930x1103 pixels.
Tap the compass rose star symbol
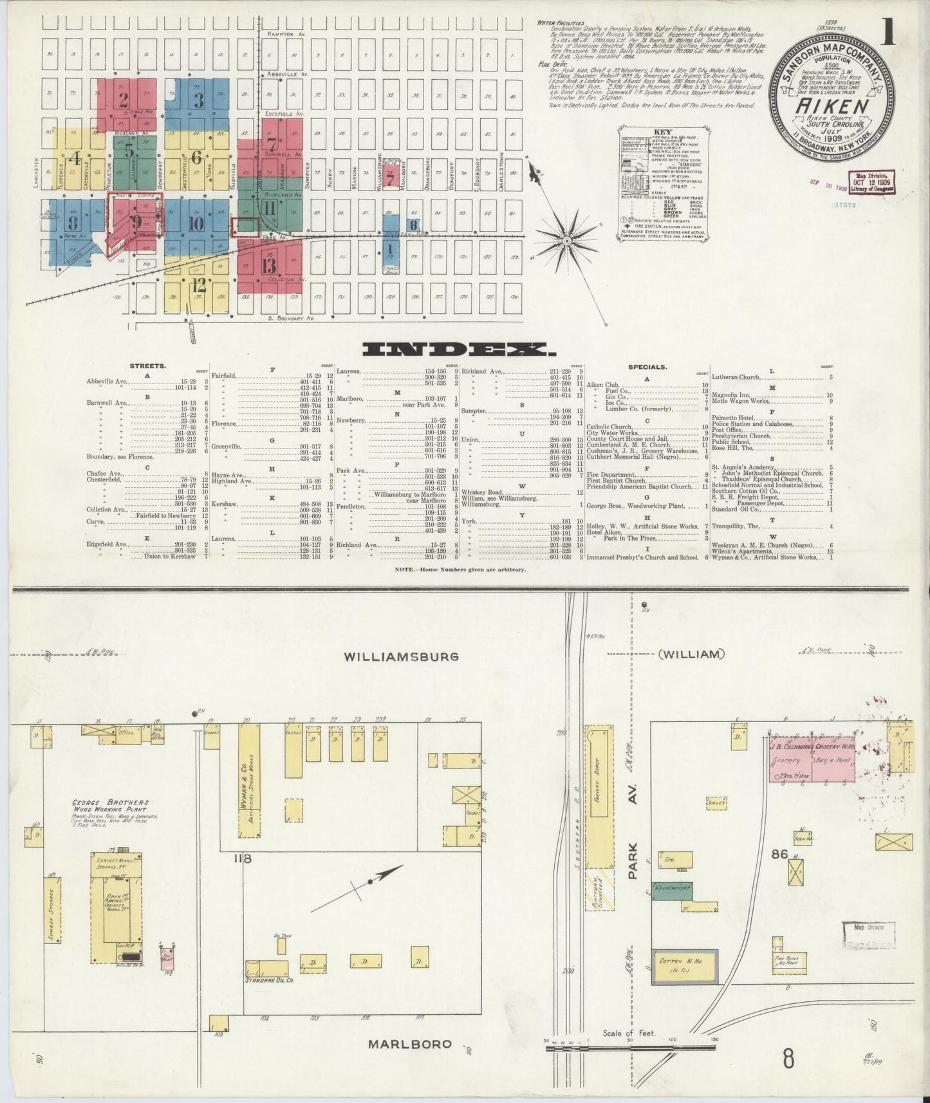pos(568,241)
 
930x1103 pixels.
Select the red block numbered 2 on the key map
pos(123,100)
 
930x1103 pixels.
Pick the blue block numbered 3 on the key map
pos(199,100)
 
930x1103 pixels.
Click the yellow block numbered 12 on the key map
pos(198,285)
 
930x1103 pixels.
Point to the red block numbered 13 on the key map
pos(268,265)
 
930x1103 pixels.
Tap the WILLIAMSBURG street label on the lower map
pos(402,657)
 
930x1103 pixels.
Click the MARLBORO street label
pos(410,1043)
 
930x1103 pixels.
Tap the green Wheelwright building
pos(671,887)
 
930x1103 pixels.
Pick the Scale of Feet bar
pos(629,1047)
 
